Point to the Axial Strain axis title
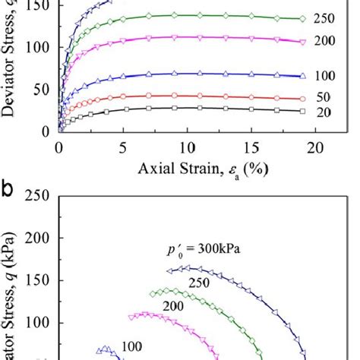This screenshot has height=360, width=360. [188, 169]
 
